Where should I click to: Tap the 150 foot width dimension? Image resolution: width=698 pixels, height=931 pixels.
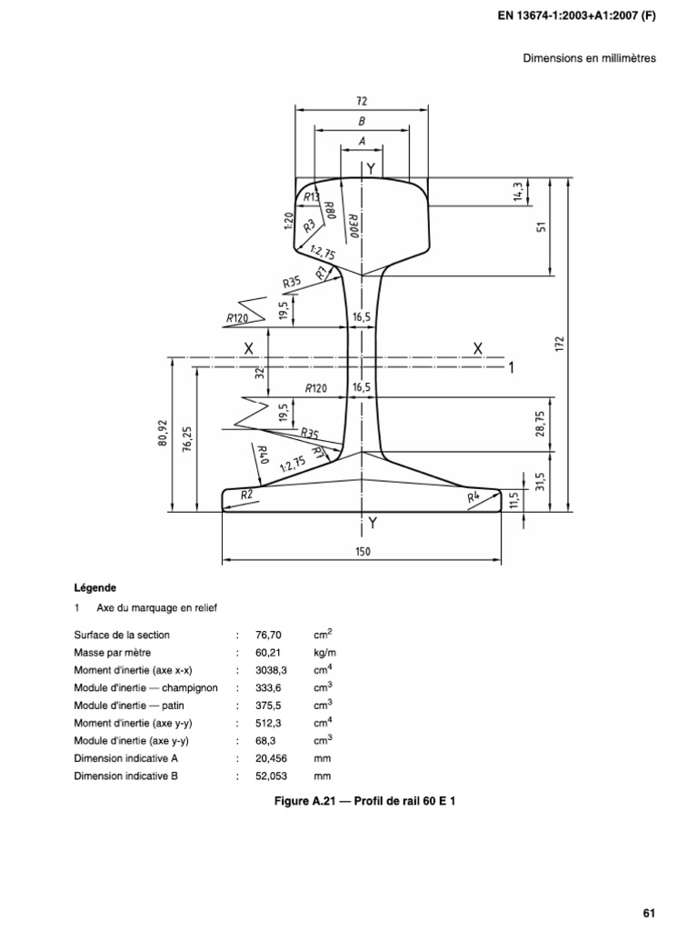[x=363, y=551]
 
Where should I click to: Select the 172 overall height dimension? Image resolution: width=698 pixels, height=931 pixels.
[x=561, y=345]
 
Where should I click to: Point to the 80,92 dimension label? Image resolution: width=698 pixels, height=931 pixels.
[x=163, y=433]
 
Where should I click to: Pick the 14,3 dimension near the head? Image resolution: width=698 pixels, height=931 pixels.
[x=518, y=193]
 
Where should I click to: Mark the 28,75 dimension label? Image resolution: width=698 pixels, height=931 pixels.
[x=540, y=423]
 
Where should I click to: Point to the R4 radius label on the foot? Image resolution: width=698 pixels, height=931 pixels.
[x=473, y=497]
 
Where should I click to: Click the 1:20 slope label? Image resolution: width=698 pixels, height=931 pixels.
[x=287, y=220]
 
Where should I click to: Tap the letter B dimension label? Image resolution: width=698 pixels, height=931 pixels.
[x=362, y=120]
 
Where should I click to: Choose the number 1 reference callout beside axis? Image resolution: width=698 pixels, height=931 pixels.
[x=511, y=368]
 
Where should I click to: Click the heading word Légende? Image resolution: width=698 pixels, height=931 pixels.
[x=95, y=587]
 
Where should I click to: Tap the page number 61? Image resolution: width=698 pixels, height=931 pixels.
[x=648, y=887]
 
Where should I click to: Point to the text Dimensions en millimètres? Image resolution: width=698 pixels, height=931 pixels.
[x=588, y=58]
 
